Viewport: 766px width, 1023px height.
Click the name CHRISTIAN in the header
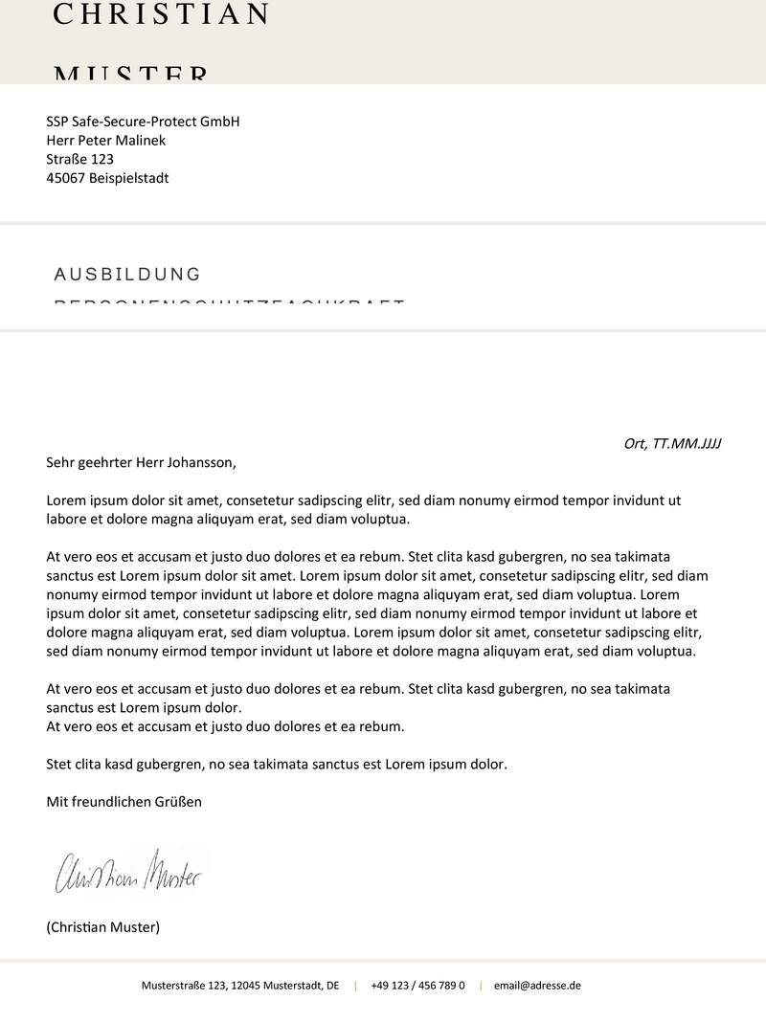coord(161,14)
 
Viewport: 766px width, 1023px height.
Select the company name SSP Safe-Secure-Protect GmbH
coord(143,122)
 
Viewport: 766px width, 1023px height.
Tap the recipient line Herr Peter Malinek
coord(106,141)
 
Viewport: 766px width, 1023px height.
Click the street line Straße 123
coord(79,159)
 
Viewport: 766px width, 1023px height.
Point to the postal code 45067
coord(65,178)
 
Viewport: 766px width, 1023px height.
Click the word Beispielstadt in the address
coord(129,178)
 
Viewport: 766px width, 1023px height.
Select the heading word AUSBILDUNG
coord(127,275)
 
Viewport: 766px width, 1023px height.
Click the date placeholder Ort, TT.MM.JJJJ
coord(671,443)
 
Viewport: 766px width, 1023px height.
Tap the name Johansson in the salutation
coord(199,462)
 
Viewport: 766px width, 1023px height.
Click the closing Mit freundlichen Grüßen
coord(124,802)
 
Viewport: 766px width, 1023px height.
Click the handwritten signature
coord(129,872)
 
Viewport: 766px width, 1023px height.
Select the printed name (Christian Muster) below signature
coord(103,927)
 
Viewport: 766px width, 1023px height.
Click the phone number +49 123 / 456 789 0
coord(417,985)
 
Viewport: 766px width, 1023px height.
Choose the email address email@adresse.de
coord(537,985)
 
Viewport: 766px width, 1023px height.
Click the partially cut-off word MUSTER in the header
coord(130,75)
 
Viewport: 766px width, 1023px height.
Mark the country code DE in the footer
coord(332,985)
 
